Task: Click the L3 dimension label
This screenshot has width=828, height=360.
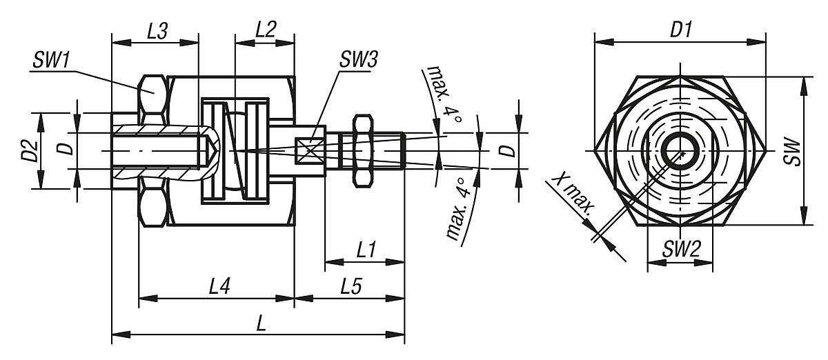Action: (157, 31)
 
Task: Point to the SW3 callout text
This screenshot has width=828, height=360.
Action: (357, 59)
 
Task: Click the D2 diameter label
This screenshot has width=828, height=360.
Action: (27, 150)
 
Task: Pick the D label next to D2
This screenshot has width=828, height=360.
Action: (63, 150)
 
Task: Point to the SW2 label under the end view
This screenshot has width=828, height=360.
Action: (680, 250)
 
